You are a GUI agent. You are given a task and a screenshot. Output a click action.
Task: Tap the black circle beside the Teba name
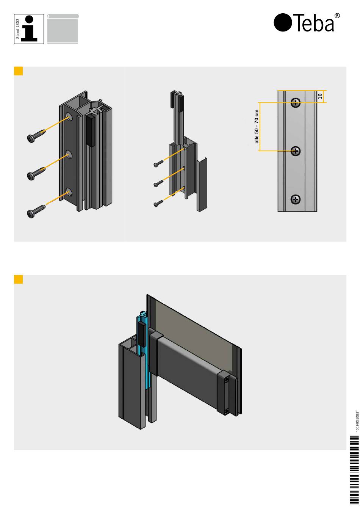click(283, 22)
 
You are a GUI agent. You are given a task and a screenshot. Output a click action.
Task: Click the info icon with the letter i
click(29, 29)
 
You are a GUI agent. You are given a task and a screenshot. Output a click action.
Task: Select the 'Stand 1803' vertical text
click(18, 29)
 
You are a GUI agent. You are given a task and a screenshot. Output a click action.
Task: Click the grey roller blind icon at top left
click(63, 29)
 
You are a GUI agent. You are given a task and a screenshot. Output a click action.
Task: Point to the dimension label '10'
click(320, 96)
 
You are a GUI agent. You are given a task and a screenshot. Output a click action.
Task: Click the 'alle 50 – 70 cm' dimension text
click(256, 126)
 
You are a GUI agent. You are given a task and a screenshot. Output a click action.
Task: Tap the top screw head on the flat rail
click(296, 102)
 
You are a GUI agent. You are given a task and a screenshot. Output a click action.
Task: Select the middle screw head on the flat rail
click(296, 151)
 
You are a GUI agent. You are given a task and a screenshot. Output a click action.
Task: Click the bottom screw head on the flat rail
click(296, 199)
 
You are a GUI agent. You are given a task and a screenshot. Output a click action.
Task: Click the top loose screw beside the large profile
click(36, 136)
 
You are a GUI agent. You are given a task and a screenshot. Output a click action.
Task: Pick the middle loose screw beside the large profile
click(36, 174)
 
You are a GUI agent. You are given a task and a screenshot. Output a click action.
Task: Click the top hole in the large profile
click(69, 116)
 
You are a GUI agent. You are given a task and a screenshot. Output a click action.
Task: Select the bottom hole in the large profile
click(69, 192)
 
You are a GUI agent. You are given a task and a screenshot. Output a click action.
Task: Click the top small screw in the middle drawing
click(158, 163)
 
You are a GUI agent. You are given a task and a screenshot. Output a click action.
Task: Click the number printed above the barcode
click(357, 421)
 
